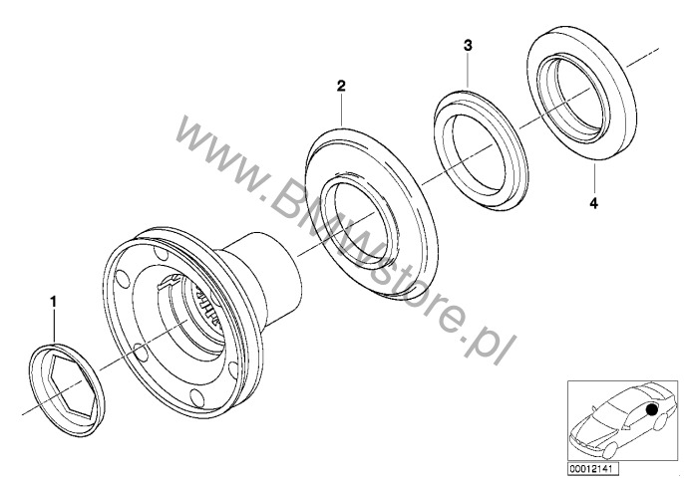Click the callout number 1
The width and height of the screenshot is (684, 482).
tap(53, 302)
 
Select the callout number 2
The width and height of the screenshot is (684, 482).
tap(341, 86)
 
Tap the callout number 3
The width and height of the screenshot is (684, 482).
tap(468, 46)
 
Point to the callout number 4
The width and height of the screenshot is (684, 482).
tap(593, 203)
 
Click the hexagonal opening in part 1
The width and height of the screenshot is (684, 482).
tap(71, 387)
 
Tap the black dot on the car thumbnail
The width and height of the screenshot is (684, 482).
tap(652, 409)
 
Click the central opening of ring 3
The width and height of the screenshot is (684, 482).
tap(478, 153)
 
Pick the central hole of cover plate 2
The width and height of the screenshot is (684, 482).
tap(361, 218)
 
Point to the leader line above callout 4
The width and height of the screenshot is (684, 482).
tap(594, 178)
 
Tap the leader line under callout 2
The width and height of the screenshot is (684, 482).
tap(342, 110)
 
